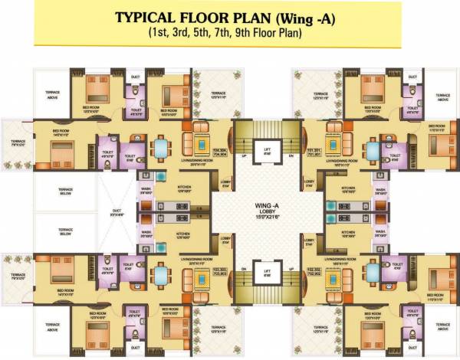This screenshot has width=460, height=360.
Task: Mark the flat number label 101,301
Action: pos(313,152)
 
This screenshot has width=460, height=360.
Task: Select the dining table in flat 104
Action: pos(161,147)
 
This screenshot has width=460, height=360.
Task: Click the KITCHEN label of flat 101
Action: pos(348,188)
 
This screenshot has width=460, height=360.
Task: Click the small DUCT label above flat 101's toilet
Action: pos(412,76)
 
